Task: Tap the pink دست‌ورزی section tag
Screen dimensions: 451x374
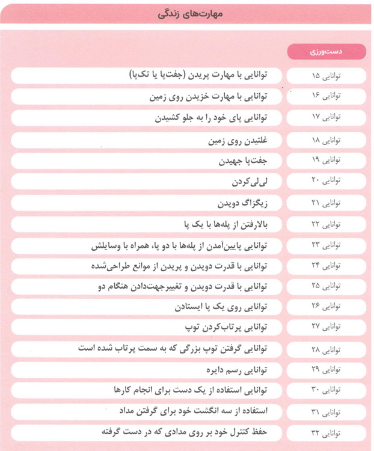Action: coord(326,52)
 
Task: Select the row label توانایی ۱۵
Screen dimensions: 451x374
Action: coord(326,76)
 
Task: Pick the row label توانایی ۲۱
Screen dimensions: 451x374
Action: coord(326,203)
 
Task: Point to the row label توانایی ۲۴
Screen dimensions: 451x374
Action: coord(326,266)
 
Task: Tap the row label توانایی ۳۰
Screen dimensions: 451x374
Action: coord(326,391)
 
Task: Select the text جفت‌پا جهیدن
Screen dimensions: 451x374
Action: coord(244,161)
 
